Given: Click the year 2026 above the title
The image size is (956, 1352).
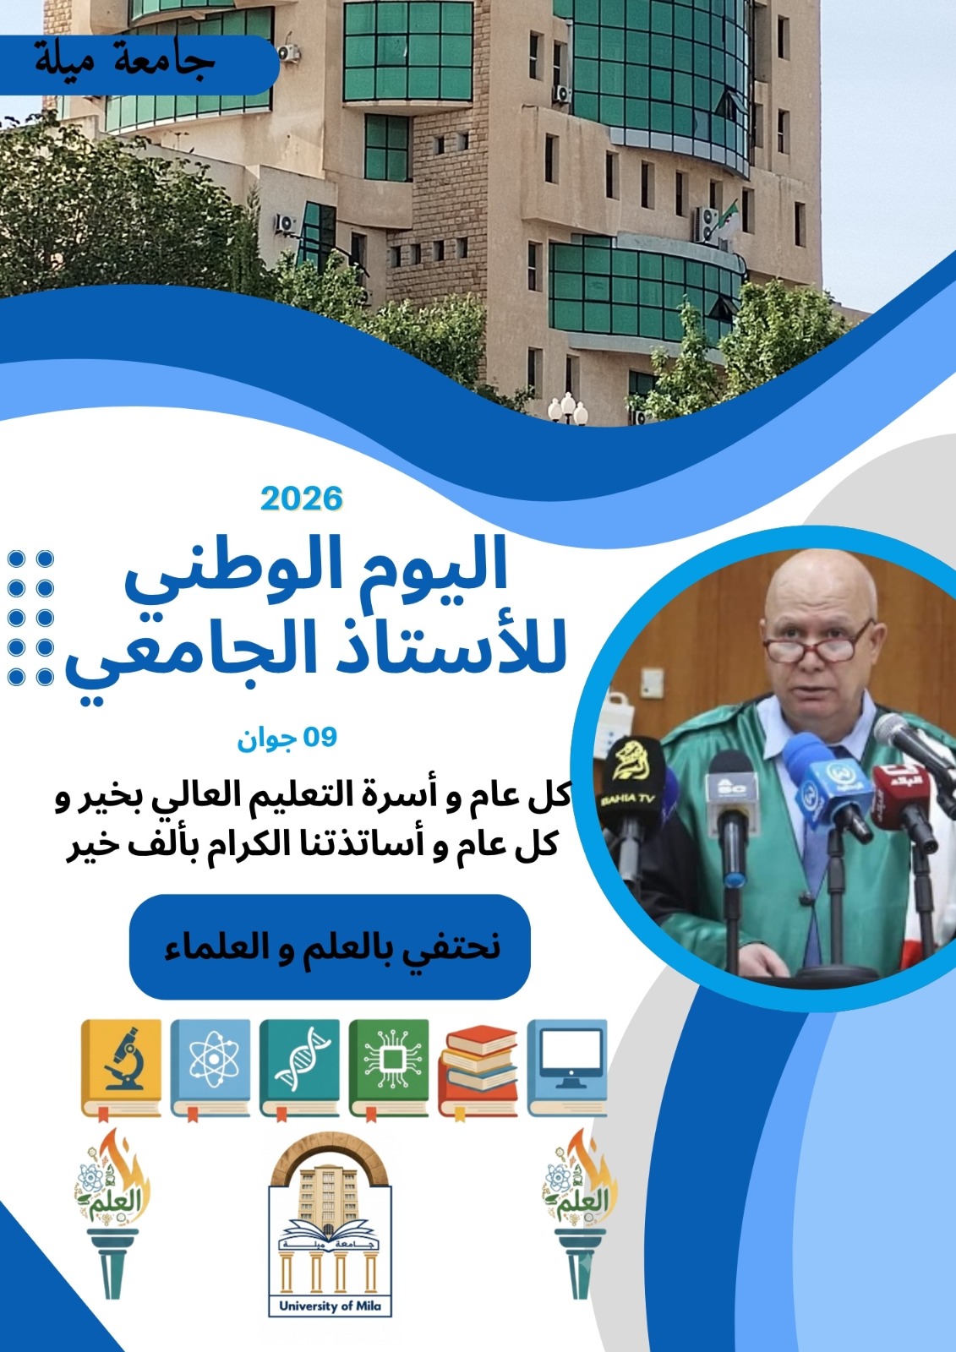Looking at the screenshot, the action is (302, 499).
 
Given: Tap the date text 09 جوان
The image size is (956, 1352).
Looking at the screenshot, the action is (287, 739).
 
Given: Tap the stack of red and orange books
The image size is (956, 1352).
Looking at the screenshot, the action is (478, 1071).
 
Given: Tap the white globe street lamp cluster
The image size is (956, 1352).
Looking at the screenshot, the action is (567, 409).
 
